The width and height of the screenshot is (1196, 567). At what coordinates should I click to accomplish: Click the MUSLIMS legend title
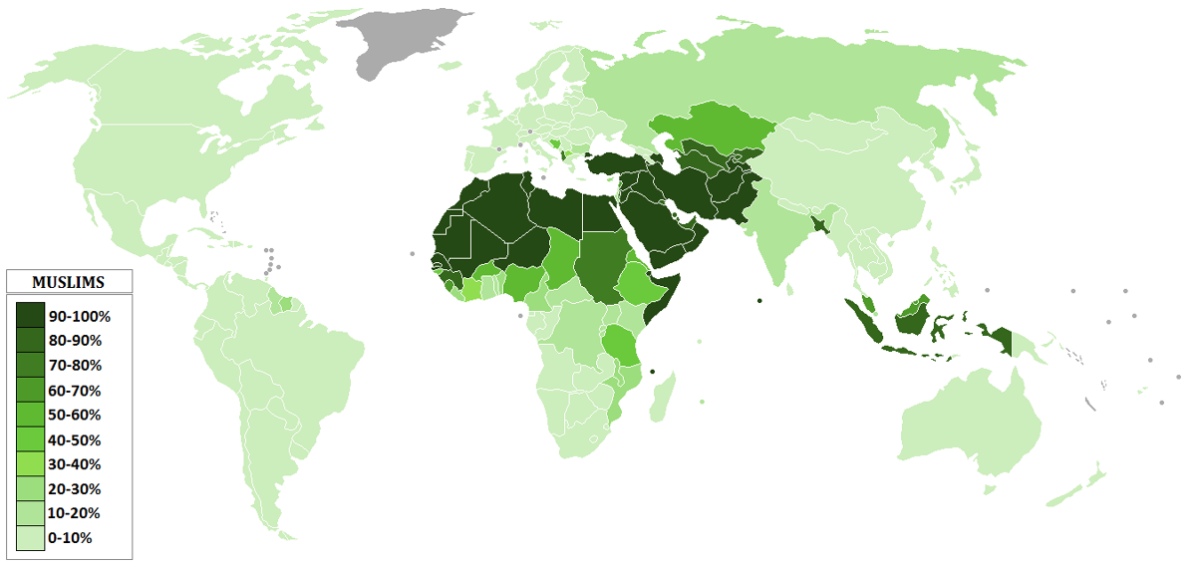(69, 282)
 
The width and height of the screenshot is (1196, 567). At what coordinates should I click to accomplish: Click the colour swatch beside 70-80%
(30, 366)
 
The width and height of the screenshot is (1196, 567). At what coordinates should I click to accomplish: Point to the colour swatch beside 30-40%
(30, 464)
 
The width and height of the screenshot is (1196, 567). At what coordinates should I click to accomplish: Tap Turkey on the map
(618, 164)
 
